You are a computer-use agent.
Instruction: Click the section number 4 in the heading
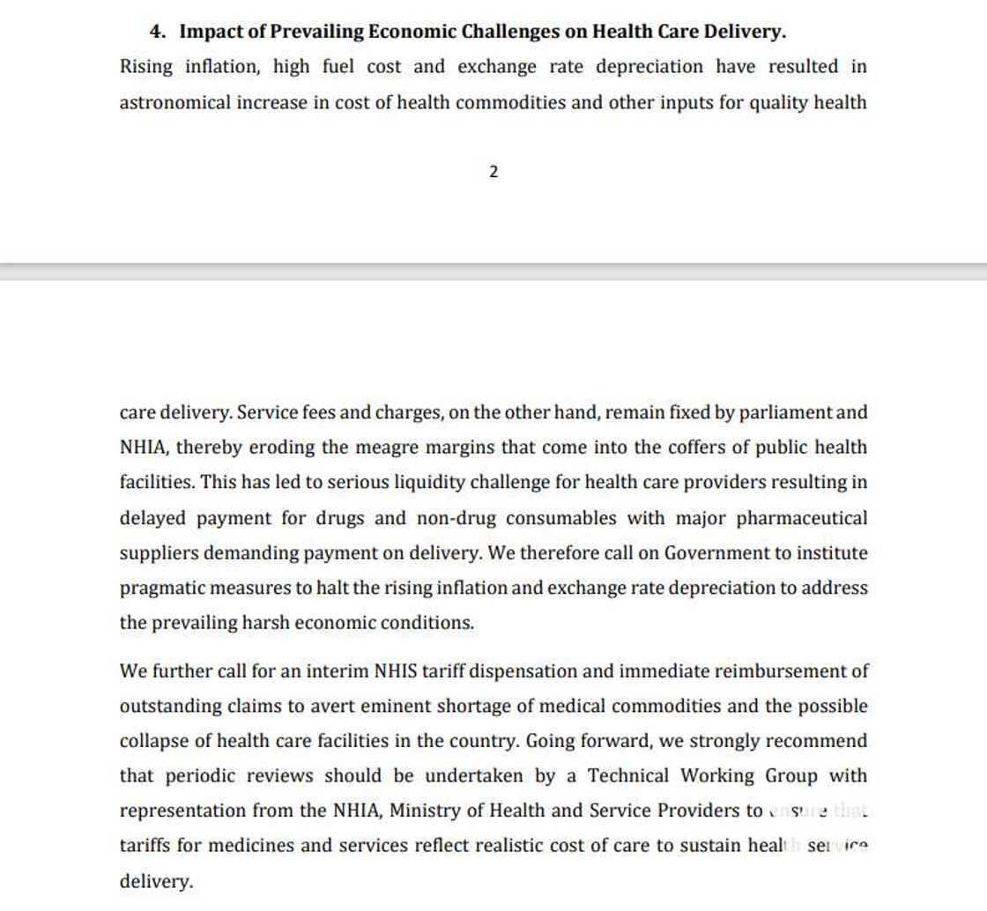click(x=157, y=32)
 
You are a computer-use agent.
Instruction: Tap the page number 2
click(x=493, y=173)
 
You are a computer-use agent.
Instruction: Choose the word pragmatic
click(x=161, y=589)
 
